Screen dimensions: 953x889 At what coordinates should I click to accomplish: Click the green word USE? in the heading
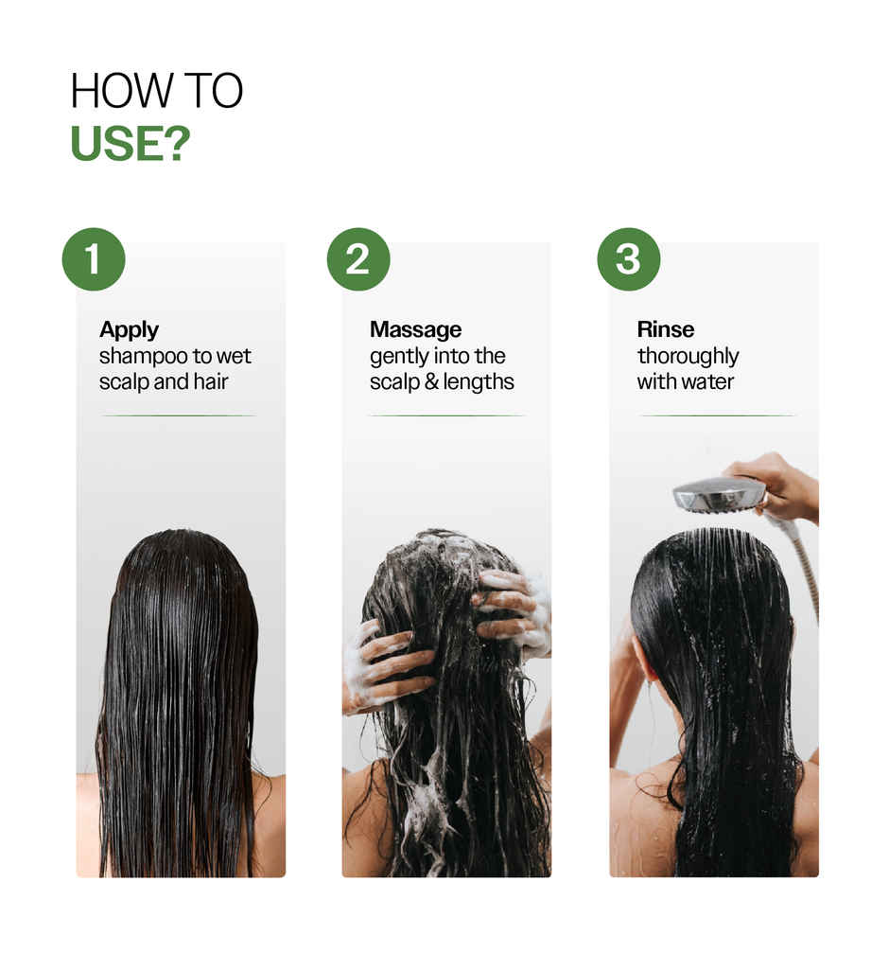coord(131,142)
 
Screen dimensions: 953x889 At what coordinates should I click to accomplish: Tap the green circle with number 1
coord(94,258)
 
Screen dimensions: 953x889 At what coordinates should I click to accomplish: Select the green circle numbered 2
coord(358,258)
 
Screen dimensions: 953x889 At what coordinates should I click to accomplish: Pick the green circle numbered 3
coord(629,258)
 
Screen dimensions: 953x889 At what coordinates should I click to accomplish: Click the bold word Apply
coord(129,330)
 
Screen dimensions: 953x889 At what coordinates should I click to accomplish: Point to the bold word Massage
coord(415,330)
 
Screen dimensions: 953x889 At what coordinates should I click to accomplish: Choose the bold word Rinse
coord(665,330)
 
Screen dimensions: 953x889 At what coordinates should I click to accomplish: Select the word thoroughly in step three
coord(688,357)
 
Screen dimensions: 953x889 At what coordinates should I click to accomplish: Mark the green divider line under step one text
coord(178,415)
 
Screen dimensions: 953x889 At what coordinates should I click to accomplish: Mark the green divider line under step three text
coord(717,415)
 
